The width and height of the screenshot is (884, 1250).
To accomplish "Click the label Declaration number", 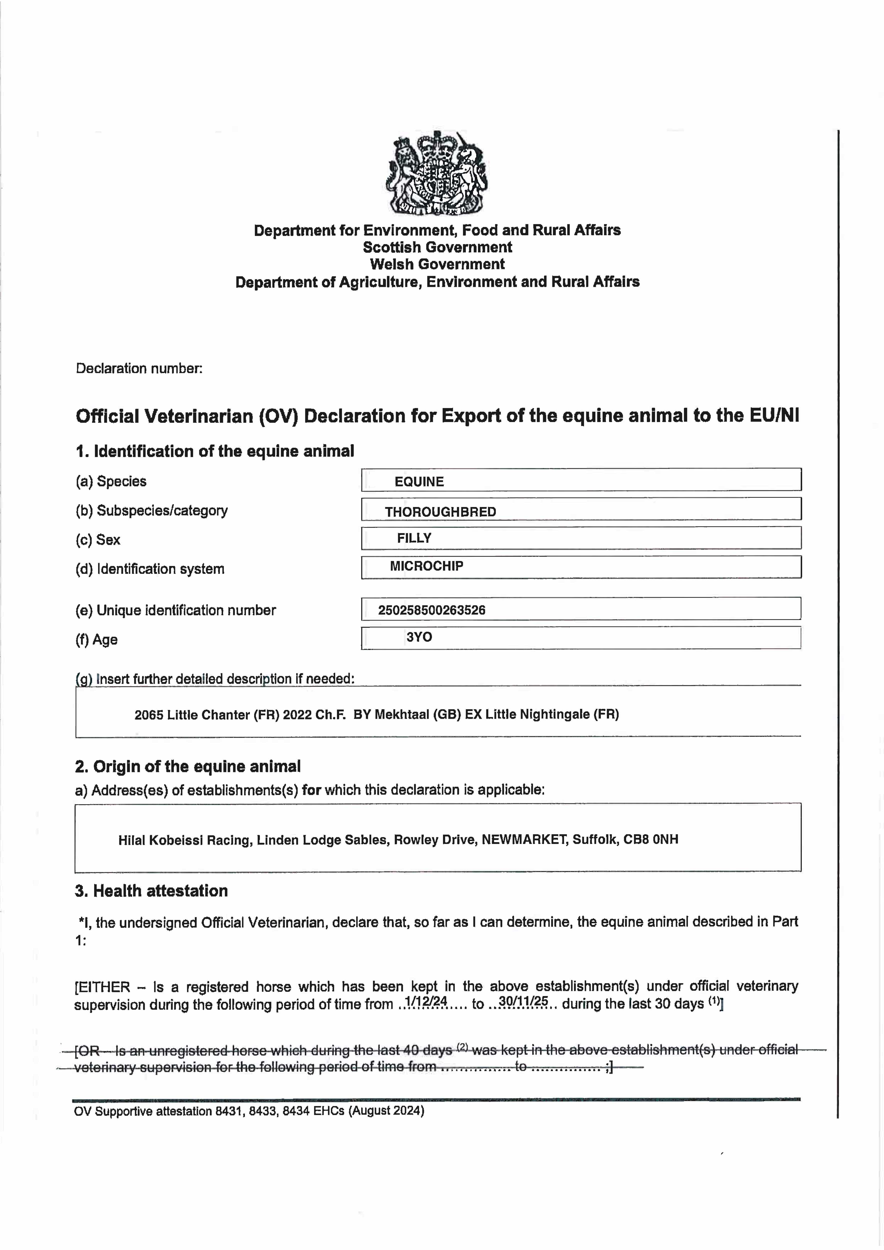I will [139, 368].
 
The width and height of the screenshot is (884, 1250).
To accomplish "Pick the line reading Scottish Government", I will [437, 247].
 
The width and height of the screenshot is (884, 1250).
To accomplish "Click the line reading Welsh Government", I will [437, 264].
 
